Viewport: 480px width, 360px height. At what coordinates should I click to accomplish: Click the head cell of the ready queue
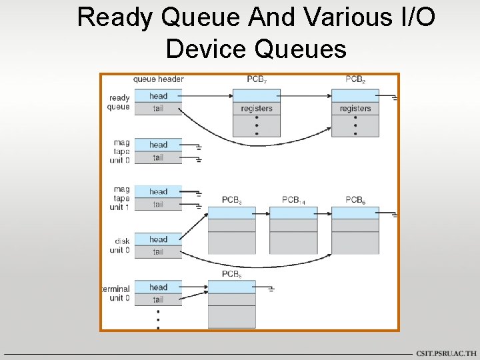pyautogui.click(x=158, y=96)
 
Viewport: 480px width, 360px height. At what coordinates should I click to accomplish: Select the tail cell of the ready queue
pyautogui.click(x=158, y=109)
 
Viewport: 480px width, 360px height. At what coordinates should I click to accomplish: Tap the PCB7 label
pyautogui.click(x=257, y=79)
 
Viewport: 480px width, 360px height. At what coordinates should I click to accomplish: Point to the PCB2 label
pyautogui.click(x=355, y=79)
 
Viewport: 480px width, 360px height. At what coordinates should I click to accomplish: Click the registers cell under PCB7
pyautogui.click(x=257, y=109)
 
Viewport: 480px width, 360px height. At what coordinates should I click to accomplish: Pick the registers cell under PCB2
pyautogui.click(x=355, y=109)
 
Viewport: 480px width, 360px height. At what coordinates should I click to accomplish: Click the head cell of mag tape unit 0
pyautogui.click(x=158, y=145)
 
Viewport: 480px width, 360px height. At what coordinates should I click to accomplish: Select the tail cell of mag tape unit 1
pyautogui.click(x=158, y=204)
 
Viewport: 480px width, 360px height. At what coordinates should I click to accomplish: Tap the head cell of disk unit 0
pyautogui.click(x=158, y=239)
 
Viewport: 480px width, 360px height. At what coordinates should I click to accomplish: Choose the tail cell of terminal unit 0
pyautogui.click(x=158, y=299)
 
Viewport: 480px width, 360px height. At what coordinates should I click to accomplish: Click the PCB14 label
pyautogui.click(x=293, y=200)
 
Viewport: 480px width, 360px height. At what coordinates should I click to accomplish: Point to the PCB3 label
pyautogui.click(x=232, y=200)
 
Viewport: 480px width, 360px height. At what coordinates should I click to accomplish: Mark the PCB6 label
pyautogui.click(x=355, y=200)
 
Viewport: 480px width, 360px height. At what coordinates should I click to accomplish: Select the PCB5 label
pyautogui.click(x=232, y=274)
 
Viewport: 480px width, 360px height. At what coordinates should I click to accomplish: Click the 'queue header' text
pyautogui.click(x=158, y=79)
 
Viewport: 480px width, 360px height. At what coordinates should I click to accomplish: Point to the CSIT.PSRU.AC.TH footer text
pyautogui.click(x=446, y=353)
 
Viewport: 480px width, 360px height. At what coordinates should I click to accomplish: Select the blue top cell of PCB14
pyautogui.click(x=293, y=213)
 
